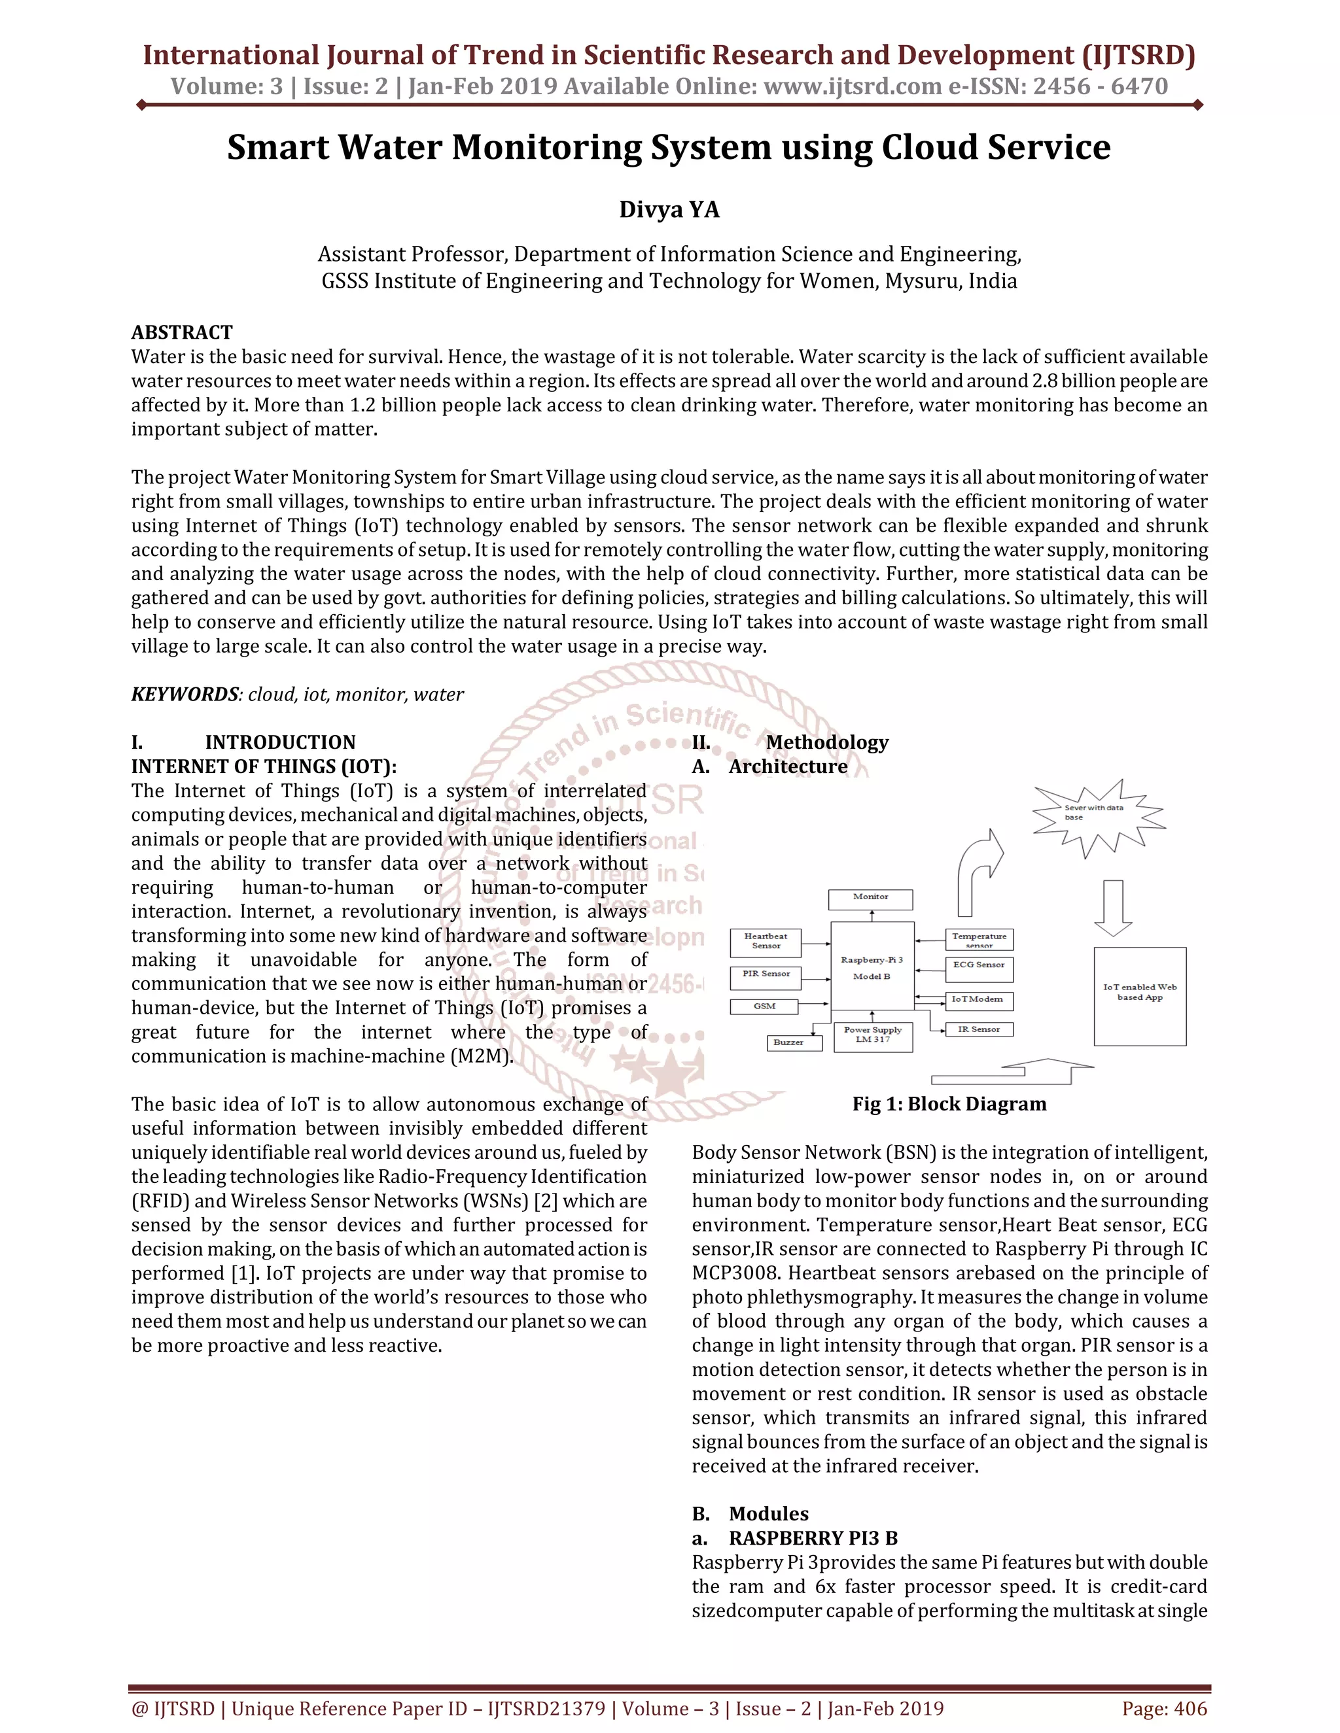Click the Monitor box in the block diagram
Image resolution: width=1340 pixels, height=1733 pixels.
pyautogui.click(x=870, y=899)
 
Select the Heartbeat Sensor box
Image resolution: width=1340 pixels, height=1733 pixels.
pyautogui.click(x=766, y=942)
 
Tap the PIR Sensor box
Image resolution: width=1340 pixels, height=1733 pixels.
pyautogui.click(x=766, y=976)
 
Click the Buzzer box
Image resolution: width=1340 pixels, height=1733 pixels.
pyautogui.click(x=788, y=1042)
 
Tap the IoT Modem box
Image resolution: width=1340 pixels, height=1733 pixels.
pyautogui.click(x=979, y=1000)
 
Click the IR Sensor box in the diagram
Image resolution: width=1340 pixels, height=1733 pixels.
pyautogui.click(x=979, y=1030)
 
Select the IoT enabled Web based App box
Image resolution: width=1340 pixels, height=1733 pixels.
pyautogui.click(x=1139, y=995)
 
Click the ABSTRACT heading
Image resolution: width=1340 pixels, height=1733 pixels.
pyautogui.click(x=182, y=332)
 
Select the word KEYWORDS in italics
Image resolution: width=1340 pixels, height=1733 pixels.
pyautogui.click(x=184, y=695)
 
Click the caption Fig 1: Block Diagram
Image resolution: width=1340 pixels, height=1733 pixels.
pyautogui.click(x=949, y=1104)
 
